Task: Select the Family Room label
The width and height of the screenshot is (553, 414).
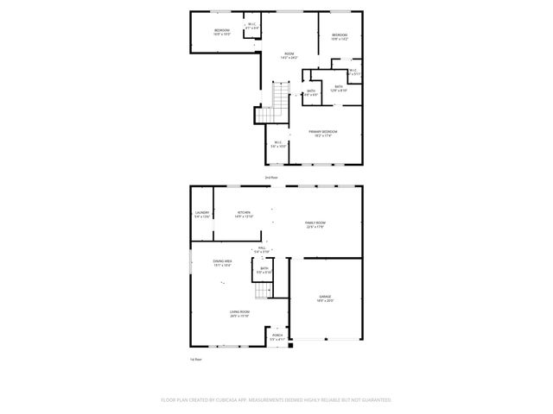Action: [x=315, y=224]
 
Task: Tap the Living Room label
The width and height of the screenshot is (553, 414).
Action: [x=239, y=314]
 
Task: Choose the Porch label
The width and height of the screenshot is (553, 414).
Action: [x=276, y=338]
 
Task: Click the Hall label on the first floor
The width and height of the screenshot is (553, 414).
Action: [x=262, y=249]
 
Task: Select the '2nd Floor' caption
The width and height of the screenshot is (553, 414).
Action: [x=271, y=177]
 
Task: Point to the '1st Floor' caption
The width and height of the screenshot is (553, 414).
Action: [x=196, y=359]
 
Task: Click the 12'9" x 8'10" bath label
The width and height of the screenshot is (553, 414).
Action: [x=339, y=87]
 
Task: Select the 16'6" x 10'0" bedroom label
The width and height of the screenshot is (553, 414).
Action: [x=222, y=32]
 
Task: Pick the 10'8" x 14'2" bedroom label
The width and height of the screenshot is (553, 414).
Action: [x=339, y=37]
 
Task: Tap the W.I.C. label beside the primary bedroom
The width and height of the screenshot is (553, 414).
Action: [x=277, y=144]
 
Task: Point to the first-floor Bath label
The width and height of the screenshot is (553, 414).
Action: [x=264, y=270]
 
